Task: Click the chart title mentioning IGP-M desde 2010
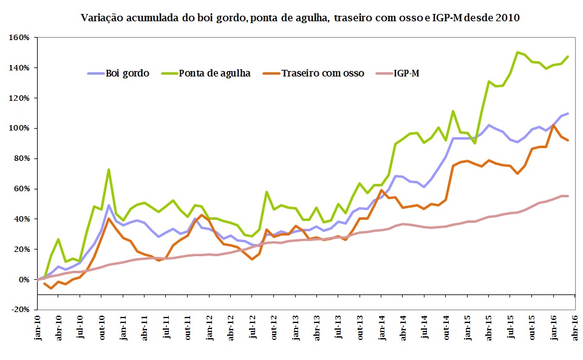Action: pos(300,18)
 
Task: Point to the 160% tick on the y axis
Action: pos(20,38)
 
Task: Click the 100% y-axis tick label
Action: pos(20,128)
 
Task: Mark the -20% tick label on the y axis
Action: pos(20,309)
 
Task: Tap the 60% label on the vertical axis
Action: pos(22,189)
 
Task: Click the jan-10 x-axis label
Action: pos(38,328)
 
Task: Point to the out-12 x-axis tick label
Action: pos(274,328)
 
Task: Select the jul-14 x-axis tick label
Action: pos(424,328)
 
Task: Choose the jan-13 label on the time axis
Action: pos(296,328)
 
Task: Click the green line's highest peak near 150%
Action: pos(517,52)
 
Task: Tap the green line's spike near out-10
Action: pos(109,169)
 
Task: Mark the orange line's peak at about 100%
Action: pos(553,126)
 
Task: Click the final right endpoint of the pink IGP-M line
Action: pos(567,195)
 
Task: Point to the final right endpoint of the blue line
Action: pos(567,114)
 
